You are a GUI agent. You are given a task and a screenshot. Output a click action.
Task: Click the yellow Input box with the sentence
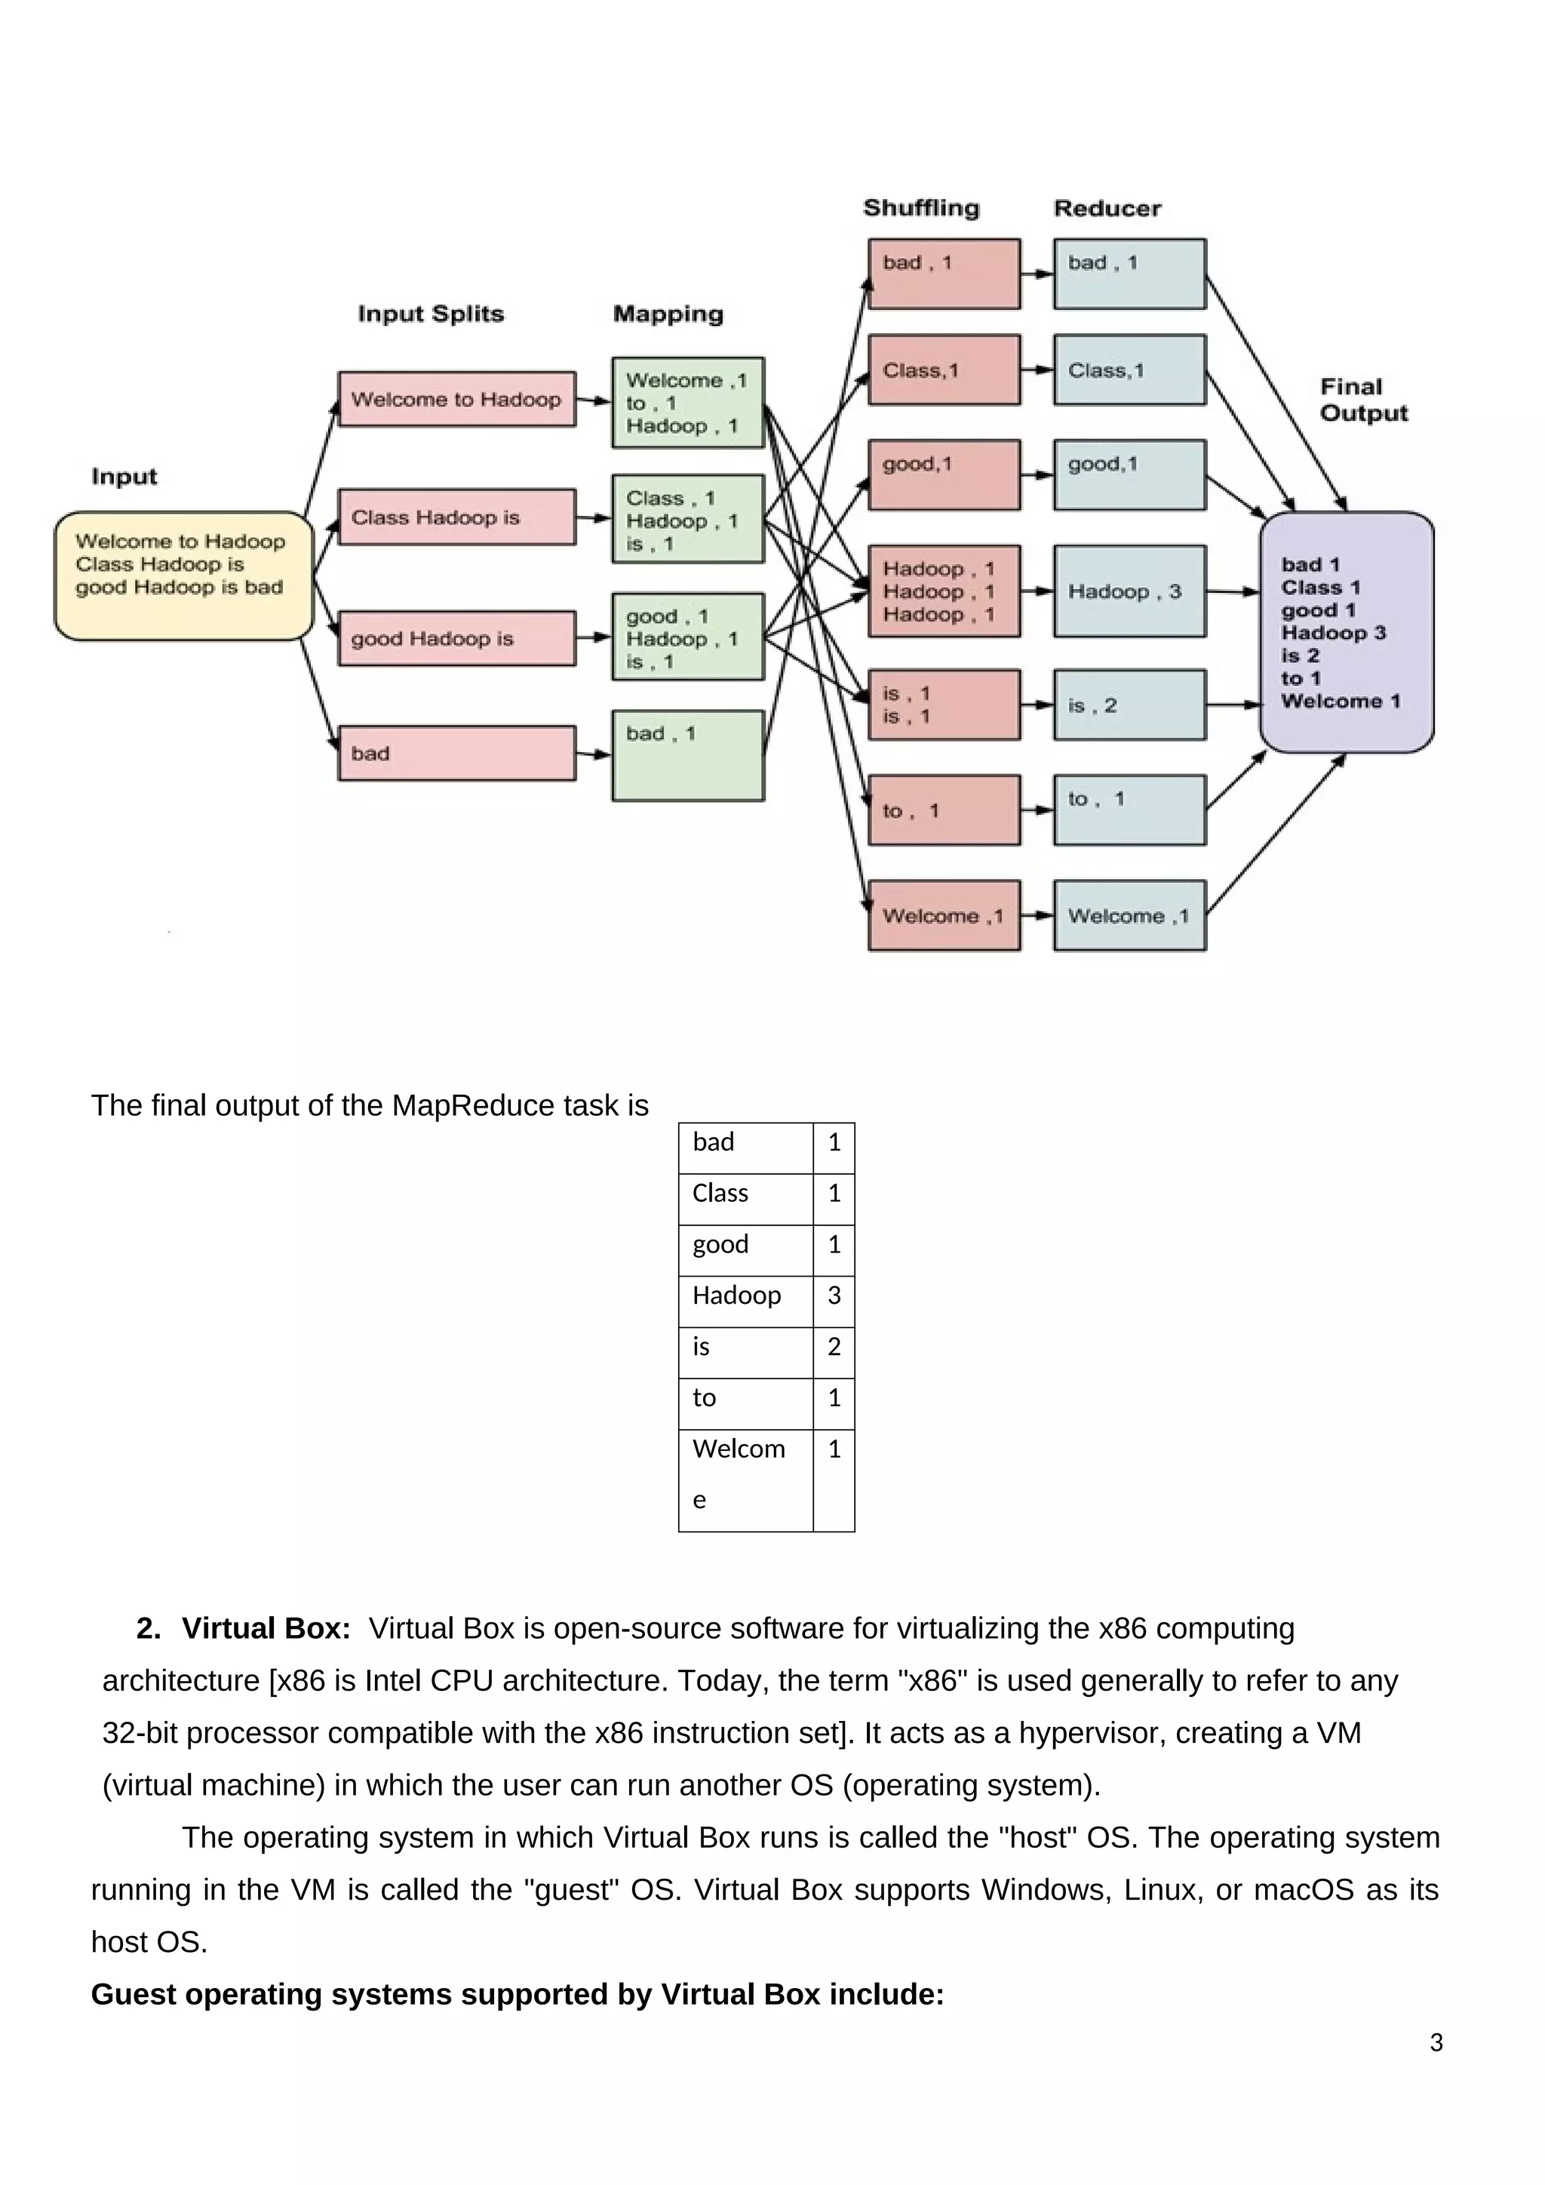(x=183, y=575)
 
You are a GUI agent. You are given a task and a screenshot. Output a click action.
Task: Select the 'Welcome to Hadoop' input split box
(x=456, y=398)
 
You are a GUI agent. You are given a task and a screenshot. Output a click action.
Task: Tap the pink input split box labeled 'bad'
(x=456, y=753)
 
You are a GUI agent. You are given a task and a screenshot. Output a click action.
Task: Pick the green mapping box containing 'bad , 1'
(x=688, y=754)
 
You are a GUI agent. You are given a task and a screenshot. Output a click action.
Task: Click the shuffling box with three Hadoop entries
(x=944, y=591)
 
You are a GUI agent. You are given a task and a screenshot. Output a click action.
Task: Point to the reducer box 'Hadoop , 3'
(x=1129, y=591)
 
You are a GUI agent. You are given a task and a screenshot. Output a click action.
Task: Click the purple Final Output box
(x=1346, y=632)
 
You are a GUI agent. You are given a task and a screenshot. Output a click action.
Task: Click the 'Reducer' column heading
(x=1107, y=208)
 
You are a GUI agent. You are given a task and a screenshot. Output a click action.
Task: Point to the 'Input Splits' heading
(x=431, y=314)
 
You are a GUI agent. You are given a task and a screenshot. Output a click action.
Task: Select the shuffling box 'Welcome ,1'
(x=944, y=915)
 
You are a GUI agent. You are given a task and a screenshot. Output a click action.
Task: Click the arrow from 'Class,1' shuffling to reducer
(x=1037, y=369)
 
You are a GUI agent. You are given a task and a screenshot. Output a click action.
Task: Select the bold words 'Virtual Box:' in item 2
(x=266, y=1628)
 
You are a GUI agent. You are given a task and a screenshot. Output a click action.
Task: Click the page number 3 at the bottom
(x=1436, y=2042)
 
